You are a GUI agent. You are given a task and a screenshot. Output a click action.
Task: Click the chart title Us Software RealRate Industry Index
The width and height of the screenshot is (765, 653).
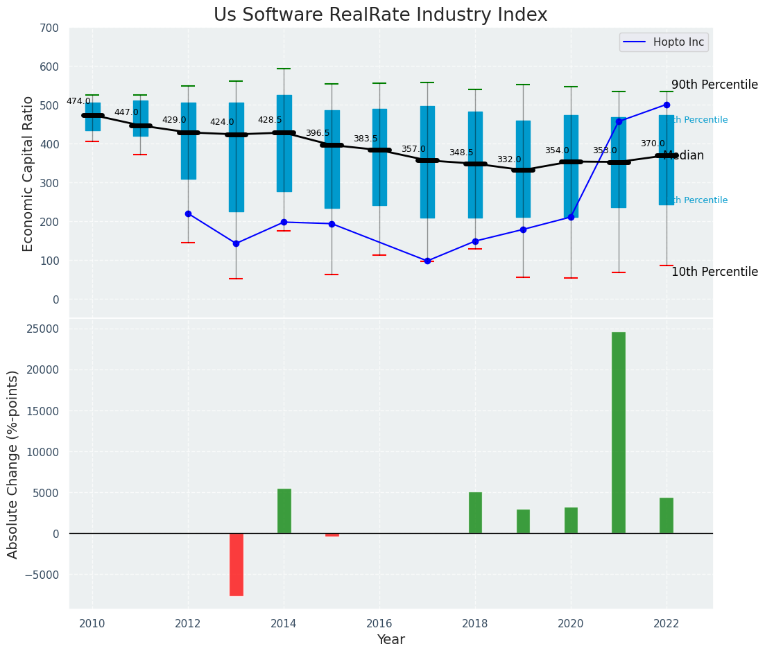pyautogui.click(x=380, y=15)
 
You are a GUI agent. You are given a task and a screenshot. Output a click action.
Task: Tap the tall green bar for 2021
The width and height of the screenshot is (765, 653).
pyautogui.click(x=618, y=433)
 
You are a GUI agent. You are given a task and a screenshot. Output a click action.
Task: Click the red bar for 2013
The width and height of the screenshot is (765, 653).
pyautogui.click(x=237, y=564)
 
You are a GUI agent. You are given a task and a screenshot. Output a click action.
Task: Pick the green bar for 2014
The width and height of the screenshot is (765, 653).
pyautogui.click(x=284, y=511)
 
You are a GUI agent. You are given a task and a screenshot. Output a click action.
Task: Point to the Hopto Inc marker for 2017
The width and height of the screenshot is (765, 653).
pyautogui.click(x=427, y=261)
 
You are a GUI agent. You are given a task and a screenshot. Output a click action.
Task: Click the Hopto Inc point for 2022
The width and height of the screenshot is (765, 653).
pyautogui.click(x=667, y=105)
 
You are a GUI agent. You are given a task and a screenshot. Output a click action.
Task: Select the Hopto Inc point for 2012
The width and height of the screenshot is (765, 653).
pyautogui.click(x=188, y=214)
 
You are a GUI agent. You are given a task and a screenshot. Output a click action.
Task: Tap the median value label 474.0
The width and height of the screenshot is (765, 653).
pyautogui.click(x=78, y=101)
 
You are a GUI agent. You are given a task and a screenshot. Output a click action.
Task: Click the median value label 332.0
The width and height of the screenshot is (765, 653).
pyautogui.click(x=508, y=159)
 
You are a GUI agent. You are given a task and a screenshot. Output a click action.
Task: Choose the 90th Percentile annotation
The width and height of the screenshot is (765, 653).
pyautogui.click(x=714, y=85)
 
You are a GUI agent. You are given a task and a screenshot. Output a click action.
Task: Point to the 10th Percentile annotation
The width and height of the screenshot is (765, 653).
pyautogui.click(x=714, y=272)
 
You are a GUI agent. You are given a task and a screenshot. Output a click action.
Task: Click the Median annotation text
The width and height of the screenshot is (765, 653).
pyautogui.click(x=684, y=156)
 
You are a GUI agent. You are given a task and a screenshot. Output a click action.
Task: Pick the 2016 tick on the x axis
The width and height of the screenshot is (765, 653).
pyautogui.click(x=379, y=624)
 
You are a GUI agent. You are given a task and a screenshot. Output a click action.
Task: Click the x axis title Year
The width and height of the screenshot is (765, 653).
pyautogui.click(x=391, y=640)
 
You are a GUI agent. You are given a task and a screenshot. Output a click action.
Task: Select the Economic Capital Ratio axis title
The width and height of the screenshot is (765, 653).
pyautogui.click(x=28, y=173)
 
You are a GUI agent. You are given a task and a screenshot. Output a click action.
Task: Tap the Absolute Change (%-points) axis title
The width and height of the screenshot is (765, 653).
pyautogui.click(x=13, y=464)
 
